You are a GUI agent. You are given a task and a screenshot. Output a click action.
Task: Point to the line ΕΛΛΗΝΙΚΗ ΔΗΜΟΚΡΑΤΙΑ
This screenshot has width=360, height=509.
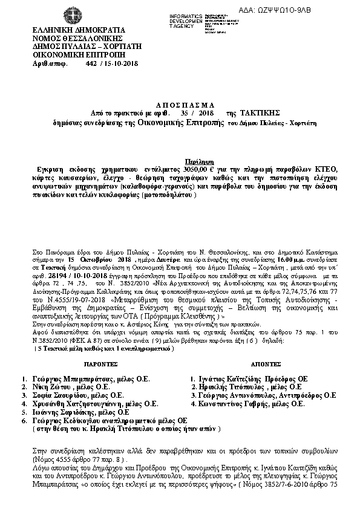pos(70,30)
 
